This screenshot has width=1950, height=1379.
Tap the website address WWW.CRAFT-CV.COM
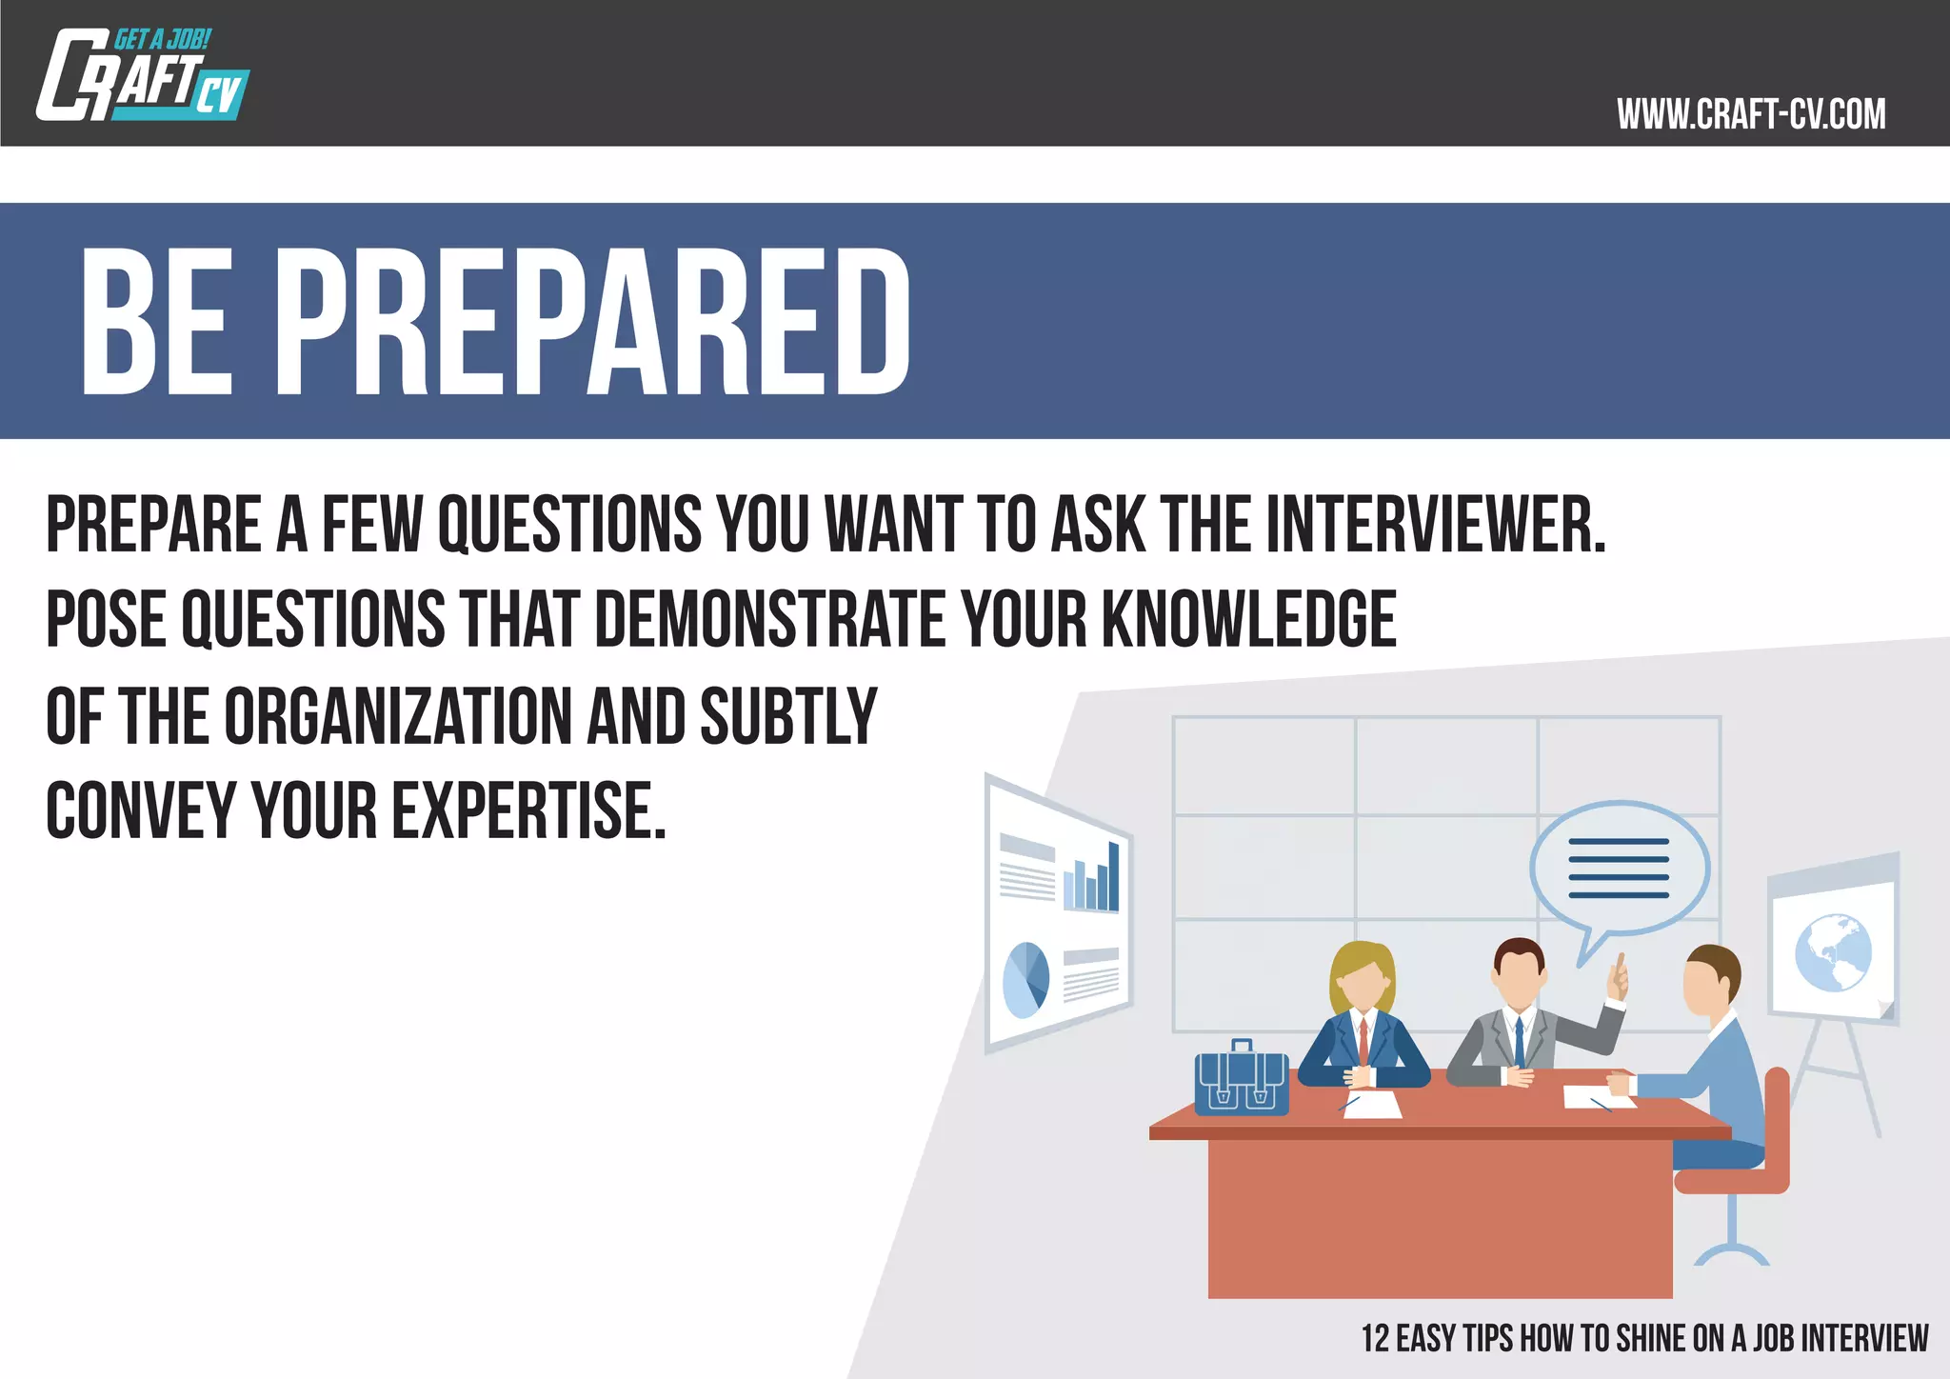(x=1750, y=114)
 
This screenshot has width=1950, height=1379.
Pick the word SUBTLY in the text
(x=788, y=716)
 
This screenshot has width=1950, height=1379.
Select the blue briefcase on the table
(x=1242, y=1081)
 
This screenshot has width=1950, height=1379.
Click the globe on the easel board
(x=1833, y=952)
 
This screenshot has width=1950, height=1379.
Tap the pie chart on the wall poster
(x=1025, y=980)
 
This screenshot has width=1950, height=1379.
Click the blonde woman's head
(x=1363, y=979)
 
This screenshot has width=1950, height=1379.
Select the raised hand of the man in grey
(x=1617, y=981)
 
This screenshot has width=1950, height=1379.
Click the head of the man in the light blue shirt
(x=1710, y=981)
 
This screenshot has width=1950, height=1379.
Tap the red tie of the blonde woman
(x=1363, y=1041)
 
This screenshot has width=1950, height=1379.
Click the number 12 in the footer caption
(x=1375, y=1338)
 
